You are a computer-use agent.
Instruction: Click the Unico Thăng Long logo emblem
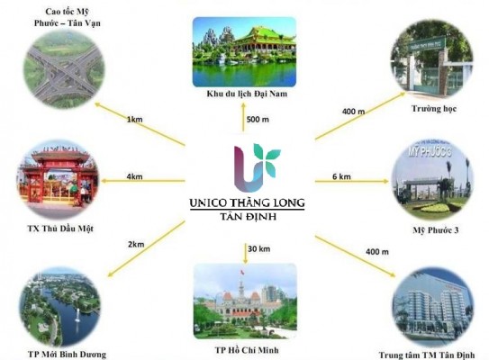258,167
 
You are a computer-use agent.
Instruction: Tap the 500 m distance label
258,120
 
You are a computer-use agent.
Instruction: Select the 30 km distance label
258,248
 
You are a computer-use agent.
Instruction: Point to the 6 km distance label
341,176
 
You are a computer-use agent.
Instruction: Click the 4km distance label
134,176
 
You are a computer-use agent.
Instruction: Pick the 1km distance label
135,119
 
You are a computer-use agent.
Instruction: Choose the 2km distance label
136,244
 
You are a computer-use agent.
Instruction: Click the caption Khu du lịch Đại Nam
247,94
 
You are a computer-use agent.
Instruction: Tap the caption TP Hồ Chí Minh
247,350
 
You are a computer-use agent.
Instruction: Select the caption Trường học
434,109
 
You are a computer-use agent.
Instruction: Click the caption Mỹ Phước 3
436,230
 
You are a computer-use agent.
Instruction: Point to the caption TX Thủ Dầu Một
60,229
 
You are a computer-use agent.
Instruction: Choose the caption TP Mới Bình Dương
67,355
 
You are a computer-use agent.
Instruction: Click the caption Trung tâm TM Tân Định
427,355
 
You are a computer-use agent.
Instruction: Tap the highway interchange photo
64,68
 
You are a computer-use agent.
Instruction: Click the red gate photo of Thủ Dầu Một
58,178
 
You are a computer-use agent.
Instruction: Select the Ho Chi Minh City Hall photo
245,301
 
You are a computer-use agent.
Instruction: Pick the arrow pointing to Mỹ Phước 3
352,181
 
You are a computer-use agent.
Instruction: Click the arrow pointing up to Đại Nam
243,117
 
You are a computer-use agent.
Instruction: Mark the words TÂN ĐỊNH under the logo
249,216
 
